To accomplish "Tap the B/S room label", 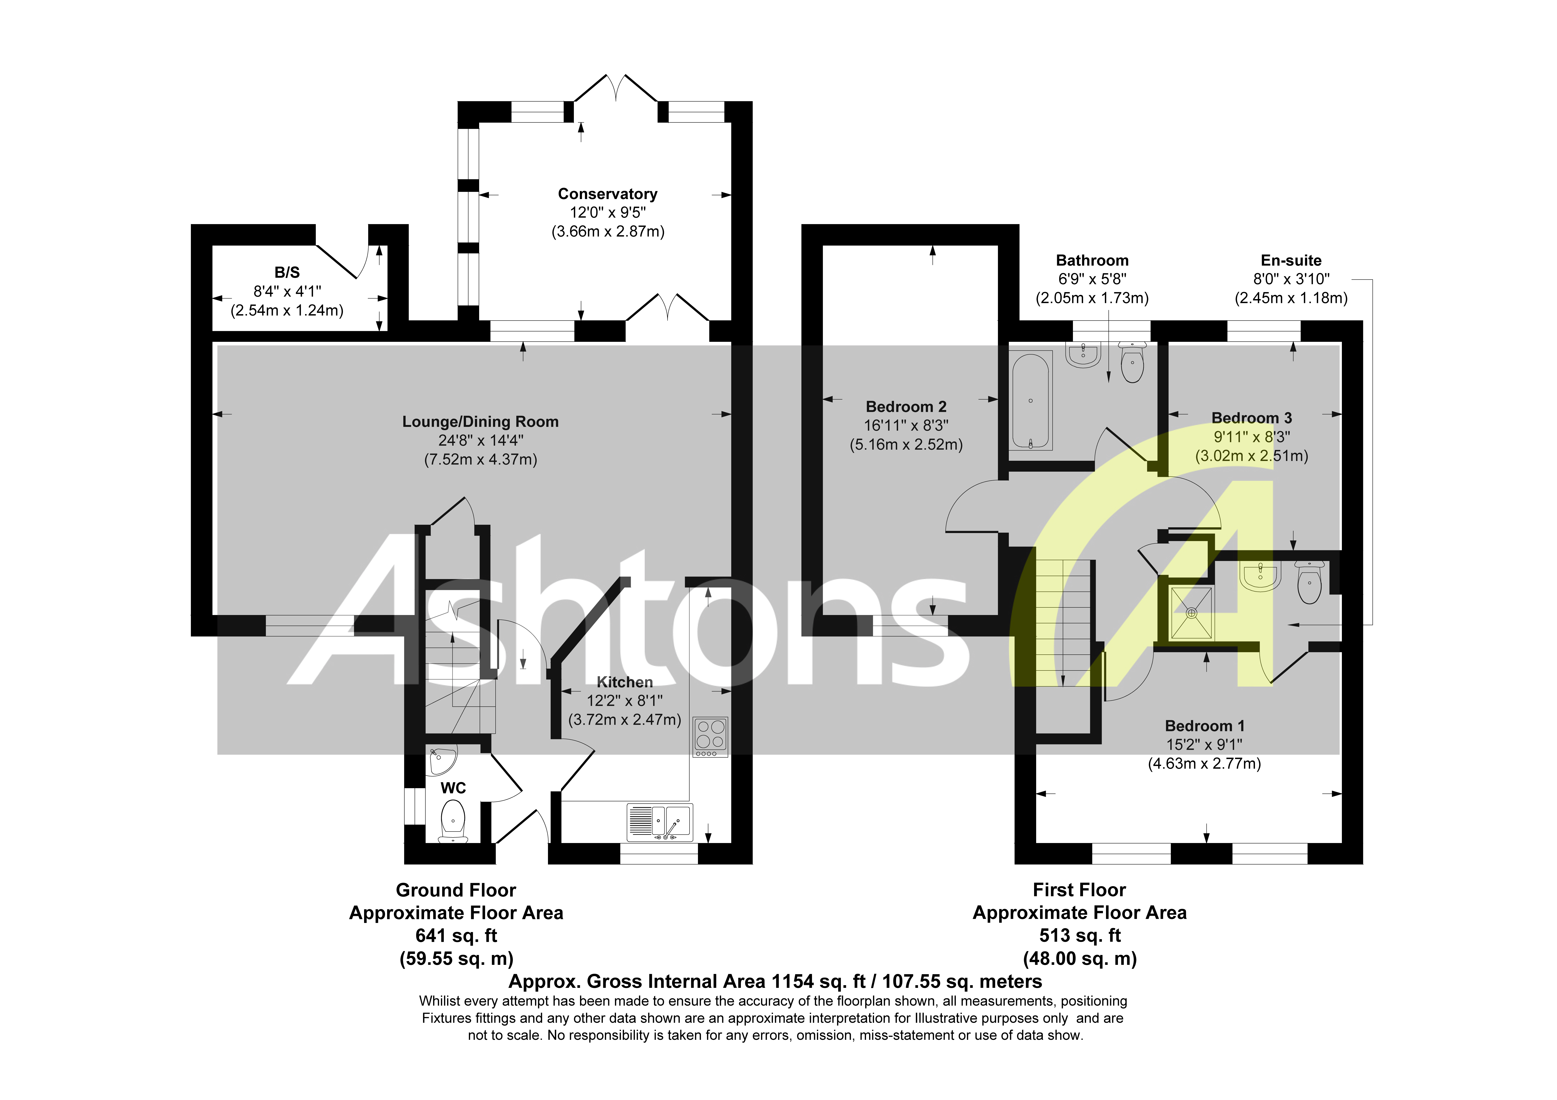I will [287, 273].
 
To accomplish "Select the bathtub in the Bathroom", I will [1030, 401].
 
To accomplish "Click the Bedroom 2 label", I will [906, 407].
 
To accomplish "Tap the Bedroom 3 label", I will [1251, 418].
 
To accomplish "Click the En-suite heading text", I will [1291, 260].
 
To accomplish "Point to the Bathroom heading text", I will [1092, 260].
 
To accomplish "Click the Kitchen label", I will [625, 682].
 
